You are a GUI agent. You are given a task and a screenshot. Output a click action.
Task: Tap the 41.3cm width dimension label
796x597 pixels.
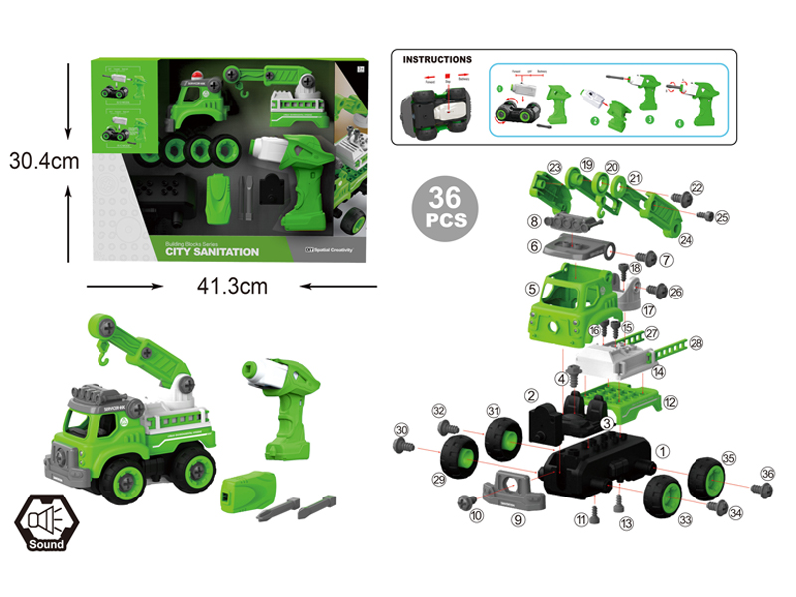pyautogui.click(x=233, y=287)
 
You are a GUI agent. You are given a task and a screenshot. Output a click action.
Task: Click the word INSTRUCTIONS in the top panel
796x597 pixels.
pyautogui.click(x=437, y=60)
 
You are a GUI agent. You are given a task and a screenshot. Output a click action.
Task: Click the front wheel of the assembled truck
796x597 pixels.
pyautogui.click(x=128, y=482)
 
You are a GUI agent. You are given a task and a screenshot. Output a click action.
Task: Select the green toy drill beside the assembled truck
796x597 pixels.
pyautogui.click(x=286, y=408)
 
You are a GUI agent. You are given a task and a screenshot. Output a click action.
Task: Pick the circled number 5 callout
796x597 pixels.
pyautogui.click(x=533, y=290)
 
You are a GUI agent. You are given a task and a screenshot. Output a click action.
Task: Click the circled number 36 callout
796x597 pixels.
pyautogui.click(x=767, y=474)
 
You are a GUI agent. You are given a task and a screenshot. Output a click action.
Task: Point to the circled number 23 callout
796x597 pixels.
pyautogui.click(x=555, y=168)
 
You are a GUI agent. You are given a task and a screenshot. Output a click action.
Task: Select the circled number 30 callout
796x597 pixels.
pyautogui.click(x=402, y=430)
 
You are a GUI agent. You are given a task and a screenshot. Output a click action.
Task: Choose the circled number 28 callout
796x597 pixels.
pyautogui.click(x=696, y=343)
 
